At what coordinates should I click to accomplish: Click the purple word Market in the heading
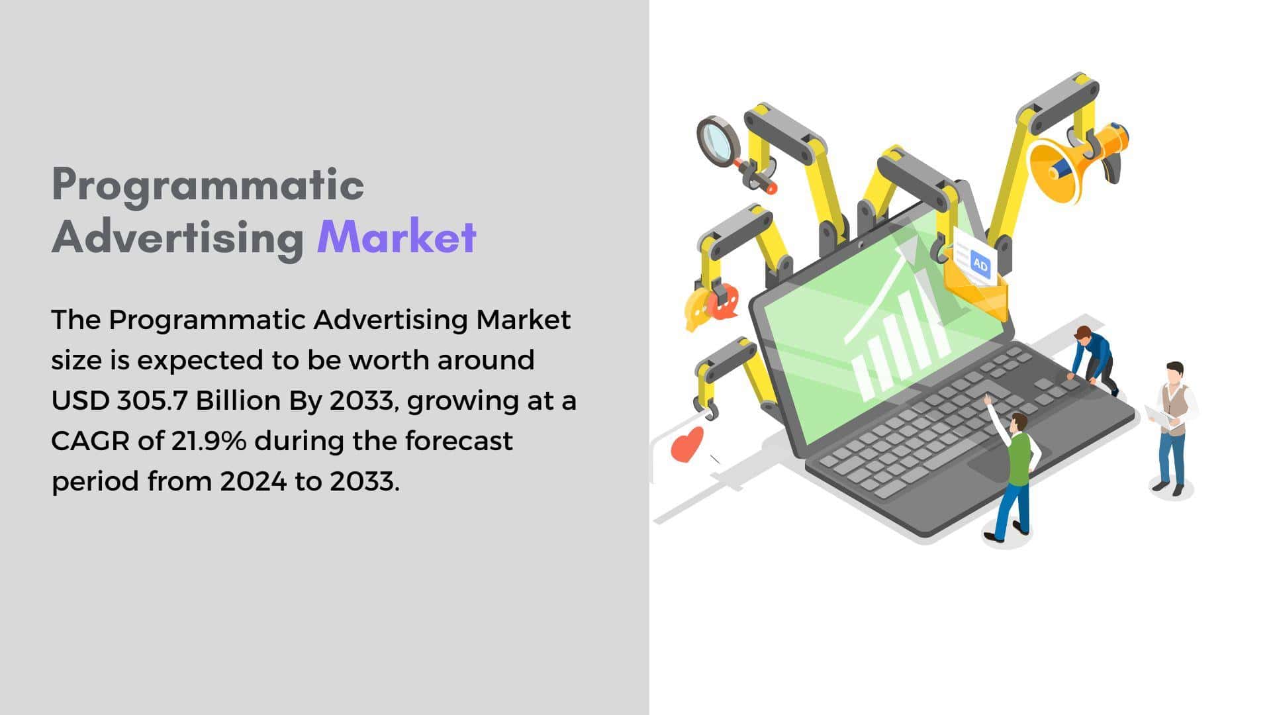click(x=397, y=237)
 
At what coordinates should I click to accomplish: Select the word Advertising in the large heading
click(x=177, y=237)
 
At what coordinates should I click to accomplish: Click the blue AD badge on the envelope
click(x=980, y=265)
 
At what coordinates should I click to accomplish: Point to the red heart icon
click(x=687, y=444)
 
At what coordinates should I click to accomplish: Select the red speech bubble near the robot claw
click(x=724, y=301)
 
